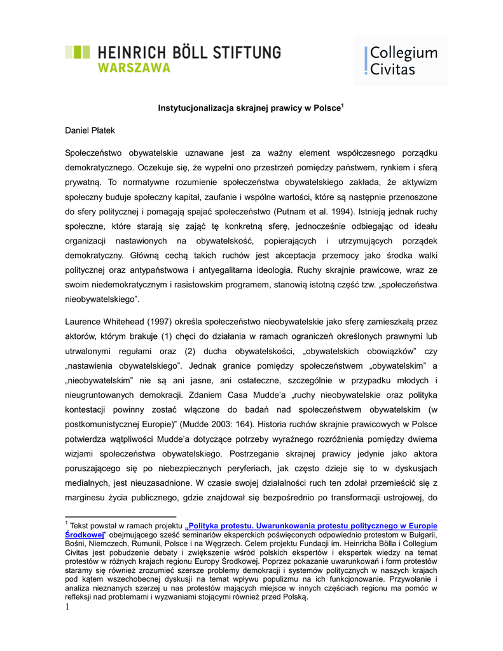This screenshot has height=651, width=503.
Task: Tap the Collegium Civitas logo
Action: point(401,60)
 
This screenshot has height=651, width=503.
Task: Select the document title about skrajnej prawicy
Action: point(251,107)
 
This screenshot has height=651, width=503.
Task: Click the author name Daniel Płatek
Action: point(90,131)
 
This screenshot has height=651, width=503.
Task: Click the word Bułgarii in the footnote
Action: point(422,535)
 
